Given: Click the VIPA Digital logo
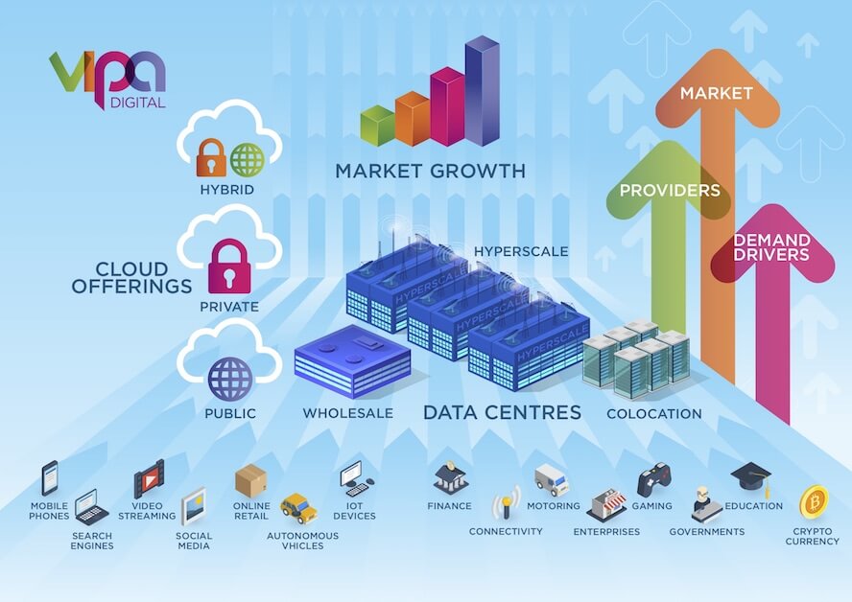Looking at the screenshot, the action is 107,80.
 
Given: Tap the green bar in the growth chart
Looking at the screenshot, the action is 378,126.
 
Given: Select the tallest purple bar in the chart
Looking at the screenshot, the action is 482,91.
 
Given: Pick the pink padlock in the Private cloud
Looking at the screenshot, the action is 230,266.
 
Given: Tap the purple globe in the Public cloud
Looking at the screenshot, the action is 230,380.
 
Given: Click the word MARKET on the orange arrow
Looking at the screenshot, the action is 716,93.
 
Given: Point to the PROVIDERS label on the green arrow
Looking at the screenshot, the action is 670,190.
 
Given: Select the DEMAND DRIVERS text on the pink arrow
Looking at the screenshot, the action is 771,247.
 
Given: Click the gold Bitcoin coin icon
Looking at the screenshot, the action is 814,502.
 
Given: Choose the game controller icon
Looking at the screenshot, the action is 652,479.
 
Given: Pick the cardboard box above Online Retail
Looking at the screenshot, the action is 251,480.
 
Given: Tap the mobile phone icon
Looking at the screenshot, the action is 50,477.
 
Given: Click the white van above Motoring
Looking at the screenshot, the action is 552,479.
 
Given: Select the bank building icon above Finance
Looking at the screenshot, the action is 450,477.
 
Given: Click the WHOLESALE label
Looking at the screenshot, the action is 348,413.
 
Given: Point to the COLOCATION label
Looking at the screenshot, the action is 654,414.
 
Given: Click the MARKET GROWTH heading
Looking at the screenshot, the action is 431,171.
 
